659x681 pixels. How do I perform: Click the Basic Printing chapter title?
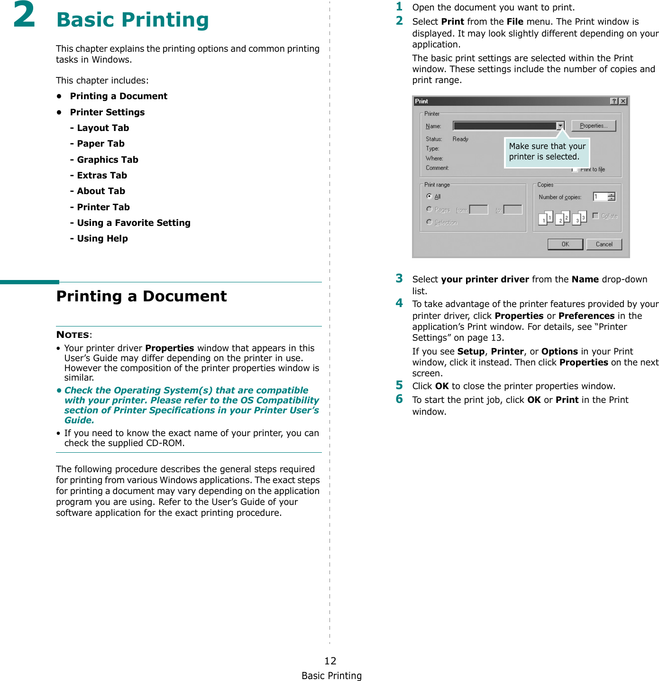(132, 20)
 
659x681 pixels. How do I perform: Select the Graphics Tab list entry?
(107, 160)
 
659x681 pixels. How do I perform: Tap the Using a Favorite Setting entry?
(133, 223)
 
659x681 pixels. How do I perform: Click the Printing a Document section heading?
(141, 297)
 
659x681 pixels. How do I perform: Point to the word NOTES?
(73, 335)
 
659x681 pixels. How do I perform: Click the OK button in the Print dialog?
(565, 244)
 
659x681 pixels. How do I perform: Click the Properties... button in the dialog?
(593, 126)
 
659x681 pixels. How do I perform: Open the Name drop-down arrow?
(560, 126)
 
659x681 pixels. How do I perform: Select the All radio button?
(429, 196)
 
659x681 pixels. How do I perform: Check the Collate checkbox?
(595, 216)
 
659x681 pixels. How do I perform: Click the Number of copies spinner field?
(601, 197)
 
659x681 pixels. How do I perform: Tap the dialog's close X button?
(623, 101)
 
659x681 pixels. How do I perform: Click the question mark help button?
(614, 101)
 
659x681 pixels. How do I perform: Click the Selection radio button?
(429, 222)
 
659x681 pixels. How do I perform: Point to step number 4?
(399, 303)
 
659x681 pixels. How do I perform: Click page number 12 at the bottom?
(330, 661)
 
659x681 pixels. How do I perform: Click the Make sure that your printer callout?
(547, 152)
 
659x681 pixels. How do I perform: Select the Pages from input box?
(478, 210)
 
